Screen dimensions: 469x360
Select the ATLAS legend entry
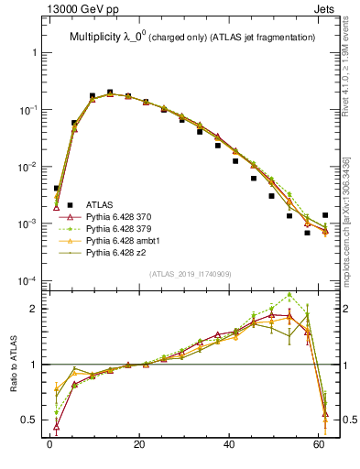point(100,203)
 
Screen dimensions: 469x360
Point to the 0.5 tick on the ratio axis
point(33,420)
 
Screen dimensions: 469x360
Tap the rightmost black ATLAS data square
point(325,215)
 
